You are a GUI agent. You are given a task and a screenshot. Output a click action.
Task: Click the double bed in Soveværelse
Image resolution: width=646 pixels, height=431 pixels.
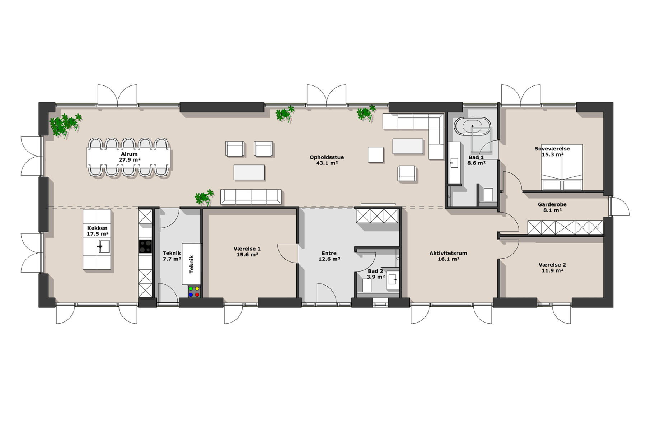[x=562, y=167]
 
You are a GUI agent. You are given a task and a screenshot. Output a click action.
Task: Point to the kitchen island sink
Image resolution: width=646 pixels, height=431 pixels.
[x=104, y=247]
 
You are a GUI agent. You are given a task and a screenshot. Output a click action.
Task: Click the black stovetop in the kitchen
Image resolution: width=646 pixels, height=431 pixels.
[x=145, y=247]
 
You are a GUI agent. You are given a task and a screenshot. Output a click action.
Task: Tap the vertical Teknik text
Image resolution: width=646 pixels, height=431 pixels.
[x=191, y=264]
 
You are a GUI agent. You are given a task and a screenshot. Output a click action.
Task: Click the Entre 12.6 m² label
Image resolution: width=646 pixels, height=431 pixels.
[x=329, y=256]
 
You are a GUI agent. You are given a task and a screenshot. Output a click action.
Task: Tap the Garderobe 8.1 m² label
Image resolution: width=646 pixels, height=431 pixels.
[x=552, y=207]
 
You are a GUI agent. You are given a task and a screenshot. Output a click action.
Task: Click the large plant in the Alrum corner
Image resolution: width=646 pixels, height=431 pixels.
[x=65, y=124]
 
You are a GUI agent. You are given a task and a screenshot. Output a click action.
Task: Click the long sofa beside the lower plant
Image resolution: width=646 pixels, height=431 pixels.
[x=251, y=197]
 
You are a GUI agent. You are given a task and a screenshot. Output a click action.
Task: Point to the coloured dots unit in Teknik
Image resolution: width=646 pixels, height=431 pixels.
[x=194, y=291]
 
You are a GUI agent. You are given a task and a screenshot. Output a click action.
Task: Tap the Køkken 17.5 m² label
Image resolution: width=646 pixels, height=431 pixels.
[x=97, y=231]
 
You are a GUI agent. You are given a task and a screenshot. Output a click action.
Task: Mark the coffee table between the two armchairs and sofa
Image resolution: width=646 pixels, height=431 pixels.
[x=249, y=172]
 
